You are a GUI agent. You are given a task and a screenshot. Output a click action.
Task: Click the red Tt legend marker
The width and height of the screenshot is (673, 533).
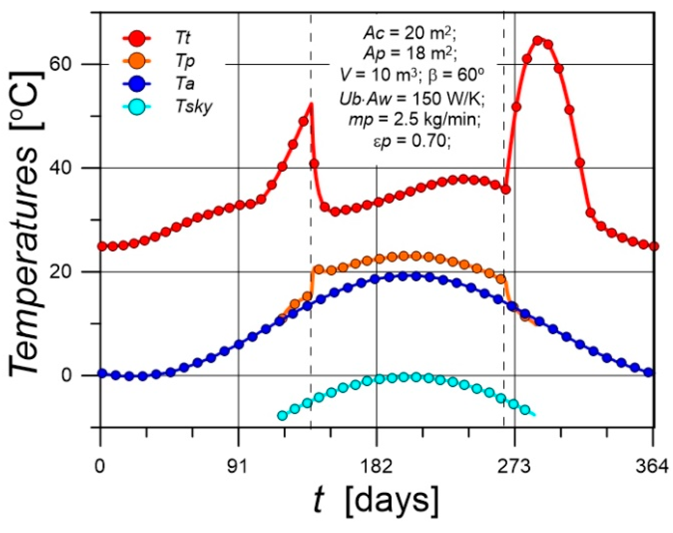click(x=137, y=38)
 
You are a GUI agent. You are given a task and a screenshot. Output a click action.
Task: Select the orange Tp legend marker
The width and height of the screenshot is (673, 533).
click(x=137, y=61)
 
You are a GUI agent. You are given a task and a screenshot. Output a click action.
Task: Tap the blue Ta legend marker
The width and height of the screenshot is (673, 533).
click(x=137, y=84)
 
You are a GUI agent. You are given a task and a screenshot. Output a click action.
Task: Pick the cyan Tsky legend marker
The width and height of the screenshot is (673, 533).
click(x=137, y=107)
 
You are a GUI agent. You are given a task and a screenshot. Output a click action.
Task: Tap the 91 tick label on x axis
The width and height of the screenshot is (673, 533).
click(x=238, y=467)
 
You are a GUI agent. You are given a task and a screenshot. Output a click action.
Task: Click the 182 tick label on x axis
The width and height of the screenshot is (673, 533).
click(x=376, y=467)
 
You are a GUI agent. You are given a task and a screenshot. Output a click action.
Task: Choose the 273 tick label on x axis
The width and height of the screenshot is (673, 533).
click(x=514, y=467)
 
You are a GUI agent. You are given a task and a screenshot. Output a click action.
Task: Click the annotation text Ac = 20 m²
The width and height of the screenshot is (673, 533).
click(x=410, y=34)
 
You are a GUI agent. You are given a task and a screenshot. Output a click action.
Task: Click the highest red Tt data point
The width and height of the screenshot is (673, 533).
click(x=537, y=41)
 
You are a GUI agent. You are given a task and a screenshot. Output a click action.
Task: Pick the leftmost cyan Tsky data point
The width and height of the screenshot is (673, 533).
click(x=282, y=415)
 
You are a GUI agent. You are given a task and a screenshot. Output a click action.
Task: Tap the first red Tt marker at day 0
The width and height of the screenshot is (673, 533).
click(x=102, y=246)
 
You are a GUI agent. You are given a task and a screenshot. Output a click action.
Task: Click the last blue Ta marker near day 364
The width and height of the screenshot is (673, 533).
click(x=649, y=373)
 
